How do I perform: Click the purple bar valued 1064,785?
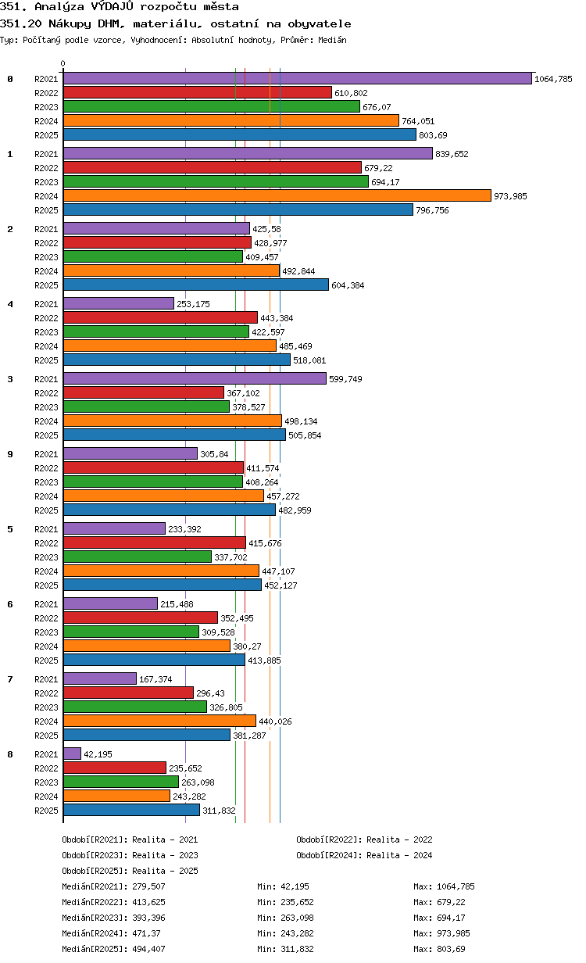297,78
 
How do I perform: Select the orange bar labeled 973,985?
277,195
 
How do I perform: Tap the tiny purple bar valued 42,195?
72,754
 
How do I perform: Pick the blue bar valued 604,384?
196,285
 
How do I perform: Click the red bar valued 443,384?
160,317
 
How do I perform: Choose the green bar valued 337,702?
138,557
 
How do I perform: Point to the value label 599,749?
345,379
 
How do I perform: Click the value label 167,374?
155,679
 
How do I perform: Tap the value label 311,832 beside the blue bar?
219,811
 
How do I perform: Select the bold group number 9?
10,454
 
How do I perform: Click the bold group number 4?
10,304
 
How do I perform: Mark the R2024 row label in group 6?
46,646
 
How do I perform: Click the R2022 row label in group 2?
46,243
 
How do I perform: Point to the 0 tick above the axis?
63,63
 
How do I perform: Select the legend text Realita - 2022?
399,839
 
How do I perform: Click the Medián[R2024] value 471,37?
148,933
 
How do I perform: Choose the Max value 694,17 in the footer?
451,918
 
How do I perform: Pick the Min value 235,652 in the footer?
297,902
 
